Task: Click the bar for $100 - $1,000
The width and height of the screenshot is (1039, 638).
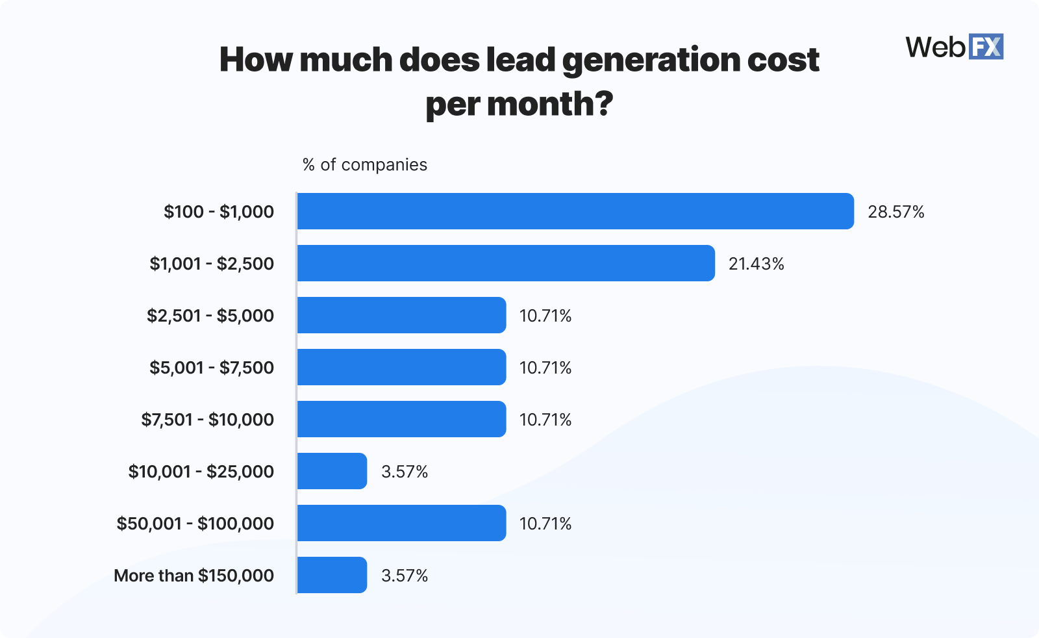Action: pyautogui.click(x=575, y=211)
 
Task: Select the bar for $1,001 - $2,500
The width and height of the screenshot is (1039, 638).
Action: pyautogui.click(x=506, y=263)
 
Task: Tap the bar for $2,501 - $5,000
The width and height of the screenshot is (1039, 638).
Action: pyautogui.click(x=401, y=315)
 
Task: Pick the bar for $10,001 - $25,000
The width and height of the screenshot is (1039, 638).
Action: pyautogui.click(x=332, y=471)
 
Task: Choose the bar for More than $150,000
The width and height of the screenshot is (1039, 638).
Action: pyautogui.click(x=332, y=575)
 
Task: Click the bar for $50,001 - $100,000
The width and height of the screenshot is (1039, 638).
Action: pyautogui.click(x=401, y=523)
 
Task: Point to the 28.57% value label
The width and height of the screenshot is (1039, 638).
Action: pyautogui.click(x=895, y=212)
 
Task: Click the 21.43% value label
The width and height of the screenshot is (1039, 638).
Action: pyautogui.click(x=756, y=264)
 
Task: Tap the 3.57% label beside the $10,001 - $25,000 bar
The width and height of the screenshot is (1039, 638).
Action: pyautogui.click(x=404, y=472)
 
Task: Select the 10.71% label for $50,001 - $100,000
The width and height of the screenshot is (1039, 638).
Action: pyautogui.click(x=545, y=524)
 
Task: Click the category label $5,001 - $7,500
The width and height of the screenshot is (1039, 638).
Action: pyautogui.click(x=212, y=368)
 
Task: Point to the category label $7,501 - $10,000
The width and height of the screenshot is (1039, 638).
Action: pyautogui.click(x=207, y=420)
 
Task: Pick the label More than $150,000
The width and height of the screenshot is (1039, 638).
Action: pyautogui.click(x=194, y=576)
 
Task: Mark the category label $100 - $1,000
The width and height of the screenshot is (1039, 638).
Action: pyautogui.click(x=219, y=212)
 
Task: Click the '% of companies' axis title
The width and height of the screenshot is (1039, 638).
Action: pyautogui.click(x=364, y=165)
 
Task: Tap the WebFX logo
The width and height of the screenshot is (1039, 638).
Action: pyautogui.click(x=954, y=47)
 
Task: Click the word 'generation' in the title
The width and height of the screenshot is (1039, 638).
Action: pyautogui.click(x=651, y=60)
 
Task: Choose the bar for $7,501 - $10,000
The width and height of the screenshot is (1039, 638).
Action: pyautogui.click(x=401, y=419)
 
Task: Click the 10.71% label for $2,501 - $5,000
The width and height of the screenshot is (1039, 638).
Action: pyautogui.click(x=545, y=316)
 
